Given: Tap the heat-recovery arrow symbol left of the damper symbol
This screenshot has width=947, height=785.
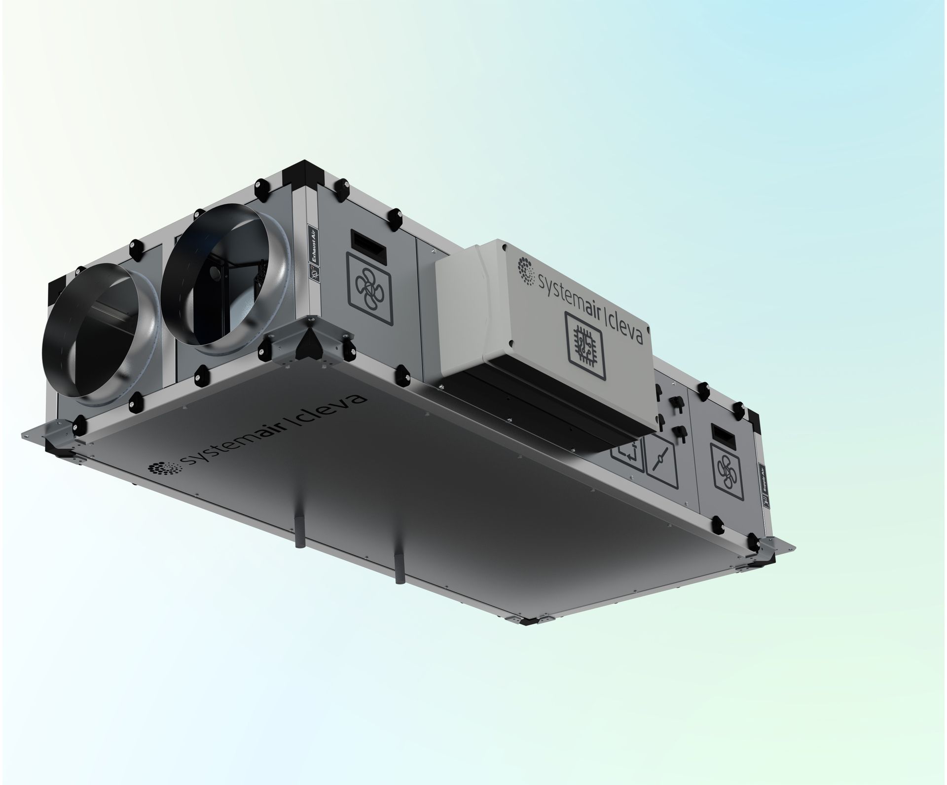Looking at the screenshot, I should coord(628,454).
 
